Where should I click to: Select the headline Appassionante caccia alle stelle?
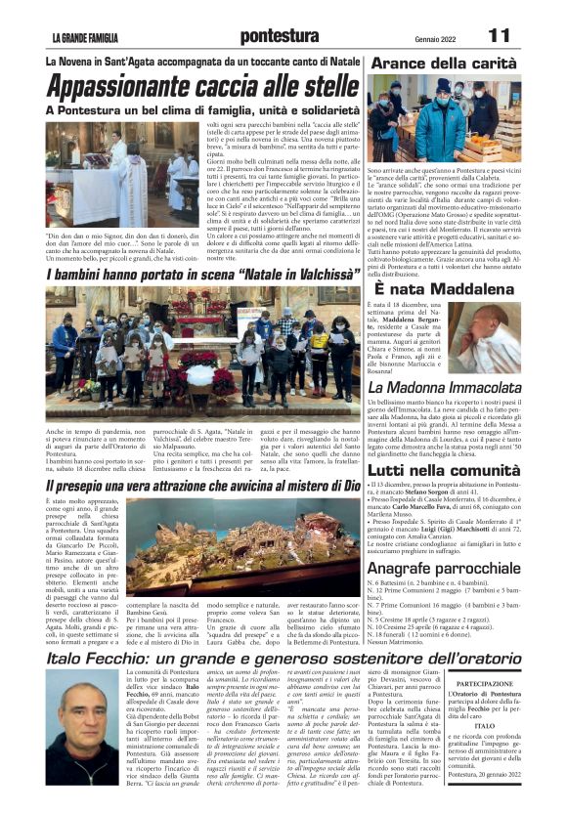pos(201,88)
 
